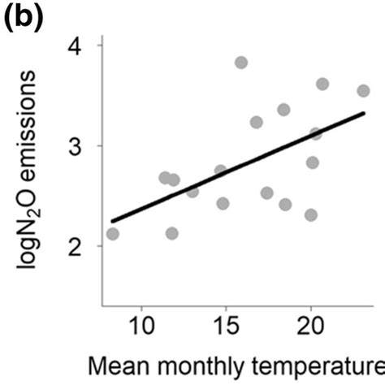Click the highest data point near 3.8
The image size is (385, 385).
point(241,63)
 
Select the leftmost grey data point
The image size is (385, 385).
point(112,234)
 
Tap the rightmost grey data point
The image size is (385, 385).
point(363,91)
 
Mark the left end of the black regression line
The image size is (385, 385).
point(112,220)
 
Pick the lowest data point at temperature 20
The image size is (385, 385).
point(311,215)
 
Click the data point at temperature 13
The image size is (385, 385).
point(192,192)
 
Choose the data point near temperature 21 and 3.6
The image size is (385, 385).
point(322,84)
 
